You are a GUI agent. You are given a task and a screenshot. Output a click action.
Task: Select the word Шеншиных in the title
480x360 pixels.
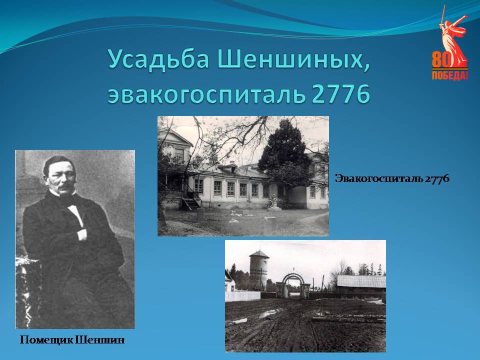(294, 59)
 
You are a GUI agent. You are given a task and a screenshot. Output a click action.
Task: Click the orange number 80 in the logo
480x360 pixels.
(441, 59)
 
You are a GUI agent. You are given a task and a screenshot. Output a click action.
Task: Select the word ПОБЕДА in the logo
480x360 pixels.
(449, 75)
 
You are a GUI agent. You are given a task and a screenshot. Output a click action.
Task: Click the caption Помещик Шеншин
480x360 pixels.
(72, 340)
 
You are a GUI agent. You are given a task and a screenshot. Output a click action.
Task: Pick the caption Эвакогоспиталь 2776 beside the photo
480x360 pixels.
(392, 178)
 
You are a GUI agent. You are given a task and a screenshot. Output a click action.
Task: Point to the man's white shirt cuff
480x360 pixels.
(81, 234)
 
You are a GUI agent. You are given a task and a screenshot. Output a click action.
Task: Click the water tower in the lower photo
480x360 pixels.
(258, 270)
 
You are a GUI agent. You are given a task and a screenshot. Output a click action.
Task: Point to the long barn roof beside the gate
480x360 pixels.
(361, 281)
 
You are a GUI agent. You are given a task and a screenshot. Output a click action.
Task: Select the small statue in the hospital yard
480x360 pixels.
(273, 202)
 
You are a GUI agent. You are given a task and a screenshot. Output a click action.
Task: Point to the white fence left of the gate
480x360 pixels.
(243, 295)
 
